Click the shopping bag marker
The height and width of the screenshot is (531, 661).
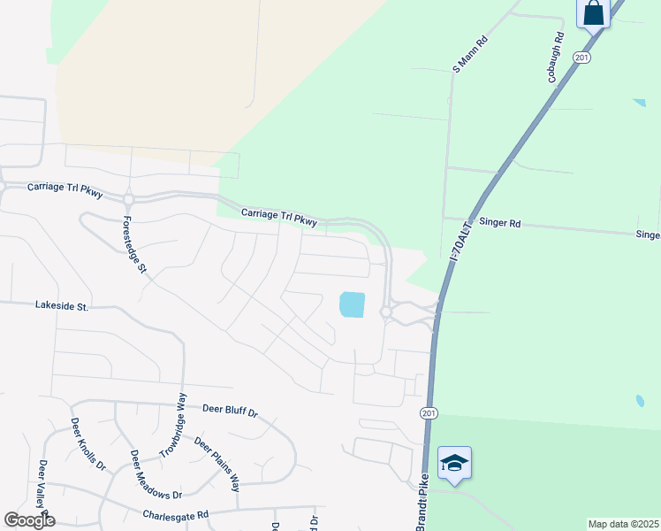click(x=592, y=13)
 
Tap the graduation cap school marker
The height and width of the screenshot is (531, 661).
click(x=454, y=463)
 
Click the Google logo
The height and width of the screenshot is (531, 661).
click(x=29, y=520)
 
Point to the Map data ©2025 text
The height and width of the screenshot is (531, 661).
click(x=623, y=524)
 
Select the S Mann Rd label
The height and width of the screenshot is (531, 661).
click(x=470, y=54)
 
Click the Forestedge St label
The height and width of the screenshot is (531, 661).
click(x=133, y=243)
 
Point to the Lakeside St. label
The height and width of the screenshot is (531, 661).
click(x=62, y=306)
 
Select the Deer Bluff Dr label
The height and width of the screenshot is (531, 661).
click(x=230, y=411)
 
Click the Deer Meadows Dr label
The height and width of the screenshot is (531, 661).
click(x=156, y=474)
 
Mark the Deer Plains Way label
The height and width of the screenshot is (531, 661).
click(x=217, y=465)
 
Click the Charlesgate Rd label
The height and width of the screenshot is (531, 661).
click(x=176, y=514)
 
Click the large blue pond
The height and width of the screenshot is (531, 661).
click(x=352, y=305)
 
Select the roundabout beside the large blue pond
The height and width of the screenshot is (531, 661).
click(x=386, y=312)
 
